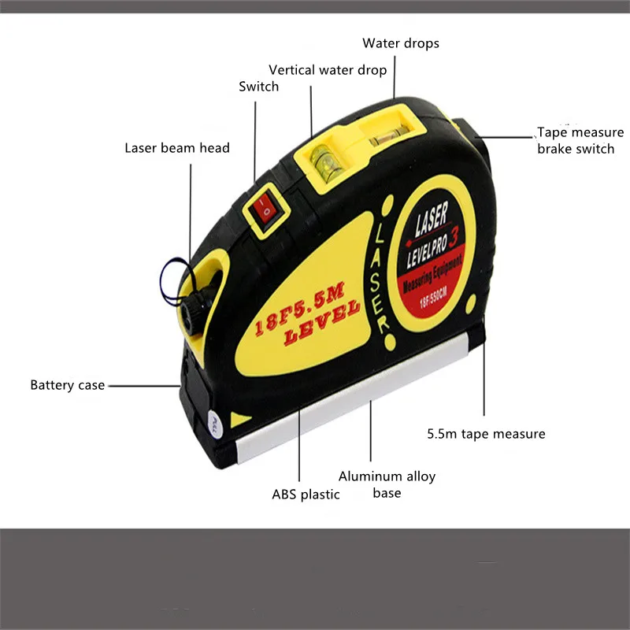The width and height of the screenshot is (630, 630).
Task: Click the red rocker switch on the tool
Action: (266, 210)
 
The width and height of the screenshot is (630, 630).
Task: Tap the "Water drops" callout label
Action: (400, 43)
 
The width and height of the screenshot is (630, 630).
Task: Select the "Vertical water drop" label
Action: (328, 70)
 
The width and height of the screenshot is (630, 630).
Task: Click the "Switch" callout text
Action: (259, 87)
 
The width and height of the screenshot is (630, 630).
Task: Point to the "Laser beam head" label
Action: (177, 148)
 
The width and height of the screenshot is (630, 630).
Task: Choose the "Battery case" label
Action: (67, 385)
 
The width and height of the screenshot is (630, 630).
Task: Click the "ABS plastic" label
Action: (306, 495)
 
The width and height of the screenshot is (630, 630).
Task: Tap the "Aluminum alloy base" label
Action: (387, 484)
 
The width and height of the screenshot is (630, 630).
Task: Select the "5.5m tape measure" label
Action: (486, 433)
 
